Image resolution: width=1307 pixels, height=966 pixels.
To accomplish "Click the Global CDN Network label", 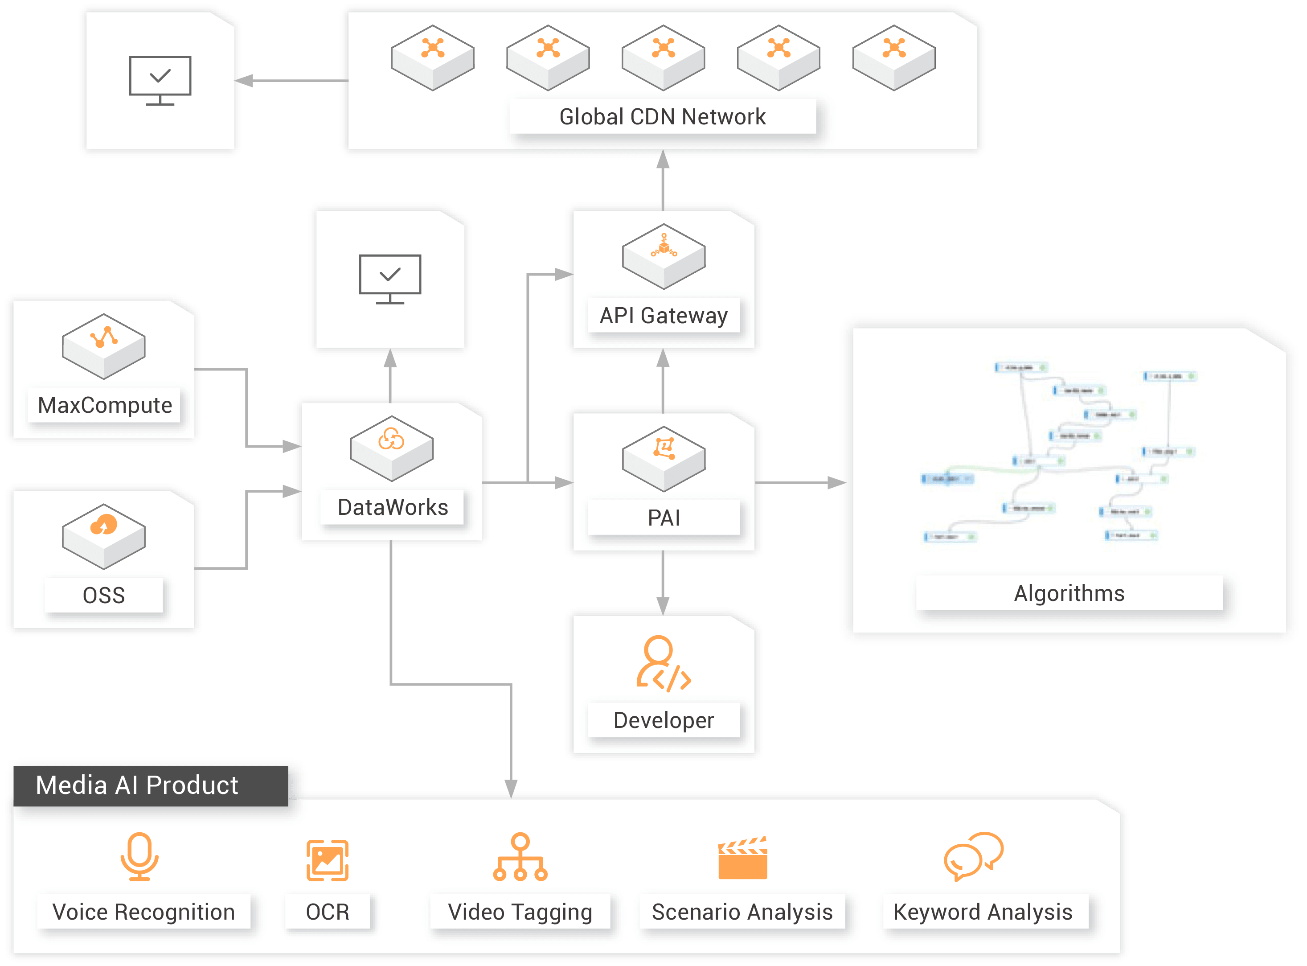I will [662, 117].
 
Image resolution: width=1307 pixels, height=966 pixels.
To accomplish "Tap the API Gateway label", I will [664, 316].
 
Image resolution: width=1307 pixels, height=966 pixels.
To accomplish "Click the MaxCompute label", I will [105, 405].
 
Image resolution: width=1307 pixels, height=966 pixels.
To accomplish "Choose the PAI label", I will [664, 518].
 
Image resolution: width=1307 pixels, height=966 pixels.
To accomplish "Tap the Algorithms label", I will [1069, 593].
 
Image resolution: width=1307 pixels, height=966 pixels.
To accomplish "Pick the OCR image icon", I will [328, 860].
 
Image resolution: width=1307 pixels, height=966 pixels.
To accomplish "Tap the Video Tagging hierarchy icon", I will [520, 857].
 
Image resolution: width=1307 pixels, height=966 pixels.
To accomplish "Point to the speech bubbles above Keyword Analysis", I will [973, 856].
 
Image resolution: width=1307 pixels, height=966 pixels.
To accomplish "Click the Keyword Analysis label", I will [983, 912].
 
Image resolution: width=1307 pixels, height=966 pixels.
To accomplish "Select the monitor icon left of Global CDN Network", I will [160, 81].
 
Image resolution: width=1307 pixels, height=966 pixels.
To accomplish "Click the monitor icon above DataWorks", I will [390, 279].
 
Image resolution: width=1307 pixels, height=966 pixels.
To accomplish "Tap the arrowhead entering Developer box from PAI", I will [662, 606].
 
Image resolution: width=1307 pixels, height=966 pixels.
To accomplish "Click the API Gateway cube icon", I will [664, 256].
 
